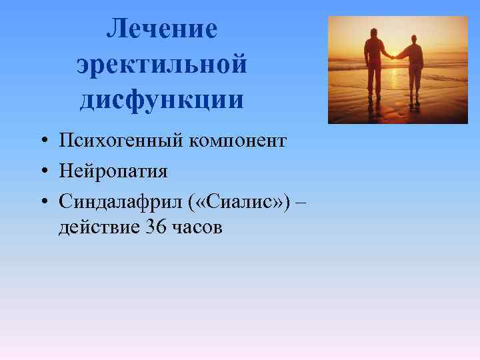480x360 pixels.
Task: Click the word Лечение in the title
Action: click(x=163, y=29)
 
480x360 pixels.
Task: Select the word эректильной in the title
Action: click(x=163, y=65)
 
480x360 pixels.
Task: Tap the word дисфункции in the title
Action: click(x=163, y=100)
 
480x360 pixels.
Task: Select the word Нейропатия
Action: click(x=113, y=171)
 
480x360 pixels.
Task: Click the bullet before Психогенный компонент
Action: click(x=42, y=141)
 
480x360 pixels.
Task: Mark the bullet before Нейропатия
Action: click(x=42, y=171)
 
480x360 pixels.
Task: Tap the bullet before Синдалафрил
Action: click(x=42, y=200)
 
